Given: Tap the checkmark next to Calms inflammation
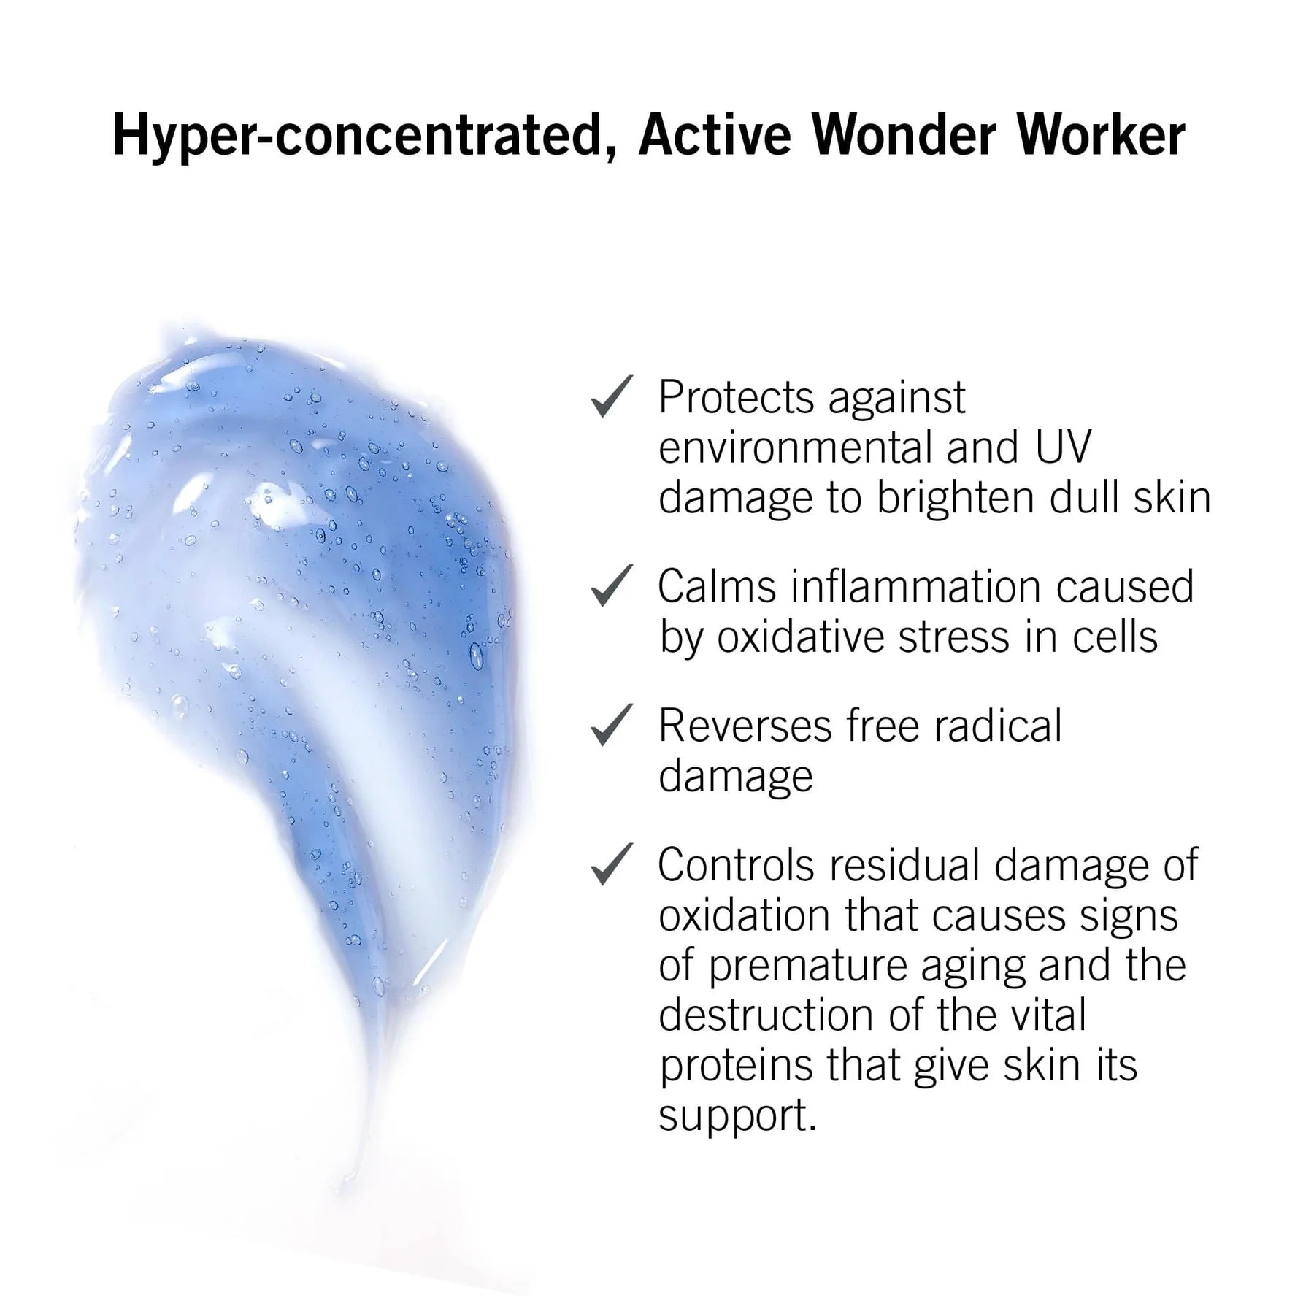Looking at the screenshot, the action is pyautogui.click(x=611, y=585).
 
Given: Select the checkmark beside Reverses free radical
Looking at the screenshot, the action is pyautogui.click(x=611, y=725).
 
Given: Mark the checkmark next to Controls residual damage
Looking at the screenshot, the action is pyautogui.click(x=611, y=864).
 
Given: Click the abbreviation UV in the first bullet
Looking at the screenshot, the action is pyautogui.click(x=1063, y=447).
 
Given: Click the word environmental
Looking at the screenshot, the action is pyautogui.click(x=796, y=447).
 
